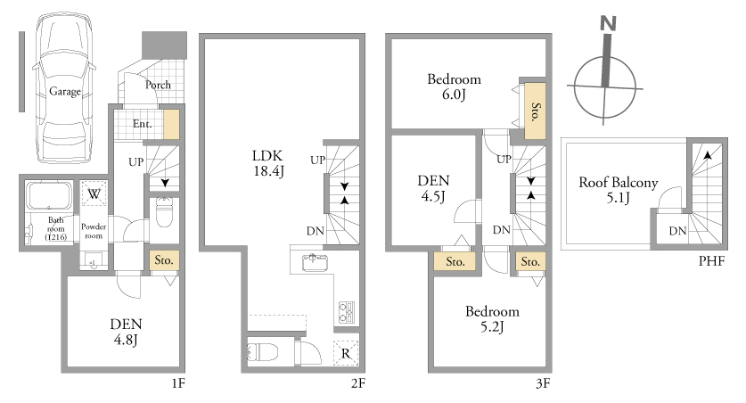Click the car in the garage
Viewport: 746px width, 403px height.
coord(65,89)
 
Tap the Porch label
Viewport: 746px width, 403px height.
coord(158,85)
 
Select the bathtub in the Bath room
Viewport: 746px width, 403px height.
coord(48,196)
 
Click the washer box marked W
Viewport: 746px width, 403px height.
coord(94,193)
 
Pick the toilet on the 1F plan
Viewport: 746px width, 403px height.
coord(164,211)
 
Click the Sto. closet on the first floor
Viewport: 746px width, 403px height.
coord(164,260)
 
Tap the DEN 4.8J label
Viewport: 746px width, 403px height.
coord(126,332)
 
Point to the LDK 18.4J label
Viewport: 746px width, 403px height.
coord(268,163)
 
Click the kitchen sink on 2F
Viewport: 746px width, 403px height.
coord(314,262)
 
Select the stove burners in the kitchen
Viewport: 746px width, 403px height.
coord(346,312)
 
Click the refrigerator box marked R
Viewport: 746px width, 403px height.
coord(346,354)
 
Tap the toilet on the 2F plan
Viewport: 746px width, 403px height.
coord(263,352)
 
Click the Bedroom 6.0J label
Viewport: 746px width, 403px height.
coord(454,86)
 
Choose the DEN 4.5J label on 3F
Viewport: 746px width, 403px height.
coord(433,188)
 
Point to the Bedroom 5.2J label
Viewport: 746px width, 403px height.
coord(492,319)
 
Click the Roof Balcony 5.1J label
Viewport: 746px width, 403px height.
coord(618,190)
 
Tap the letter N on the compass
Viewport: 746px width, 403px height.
coord(608,23)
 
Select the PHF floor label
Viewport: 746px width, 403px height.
coord(712,260)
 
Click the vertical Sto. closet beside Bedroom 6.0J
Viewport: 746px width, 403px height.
coord(536,111)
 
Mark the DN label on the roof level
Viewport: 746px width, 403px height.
coord(677,231)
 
